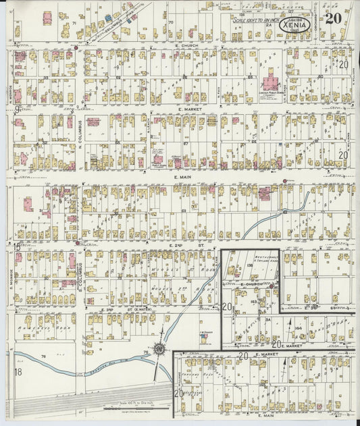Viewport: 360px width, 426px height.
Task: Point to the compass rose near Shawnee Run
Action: [x=159, y=349]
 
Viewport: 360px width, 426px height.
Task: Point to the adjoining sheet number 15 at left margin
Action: [x=15, y=246]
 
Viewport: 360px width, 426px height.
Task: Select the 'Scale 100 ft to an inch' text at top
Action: [x=255, y=20]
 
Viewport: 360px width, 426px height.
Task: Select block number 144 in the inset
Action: [x=298, y=327]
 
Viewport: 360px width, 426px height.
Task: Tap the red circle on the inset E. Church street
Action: [x=272, y=287]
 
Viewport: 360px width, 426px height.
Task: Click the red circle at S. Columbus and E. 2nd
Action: [x=78, y=243]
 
